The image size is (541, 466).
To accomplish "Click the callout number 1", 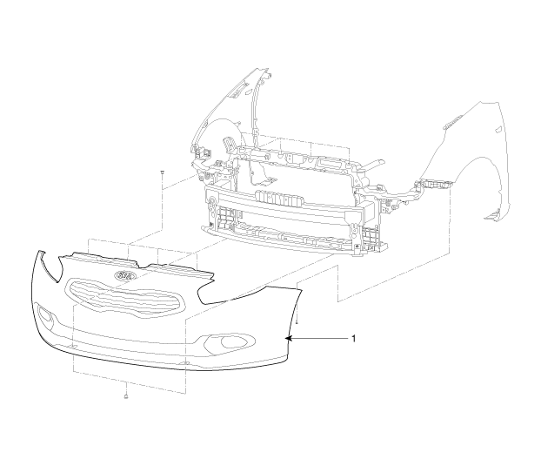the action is pyautogui.click(x=353, y=338).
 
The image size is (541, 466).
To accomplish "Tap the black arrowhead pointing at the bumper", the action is pyautogui.click(x=289, y=339).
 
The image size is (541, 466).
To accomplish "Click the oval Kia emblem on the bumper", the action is pyautogui.click(x=125, y=275).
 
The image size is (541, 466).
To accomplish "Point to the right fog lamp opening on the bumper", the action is pyautogui.click(x=230, y=341).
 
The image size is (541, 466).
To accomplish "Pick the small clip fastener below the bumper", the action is pyautogui.click(x=126, y=396).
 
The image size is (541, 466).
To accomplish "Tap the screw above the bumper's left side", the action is pyautogui.click(x=162, y=173).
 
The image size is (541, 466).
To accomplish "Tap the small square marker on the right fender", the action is pyautogui.click(x=498, y=129).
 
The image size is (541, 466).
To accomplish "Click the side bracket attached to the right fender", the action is pyautogui.click(x=436, y=185).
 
